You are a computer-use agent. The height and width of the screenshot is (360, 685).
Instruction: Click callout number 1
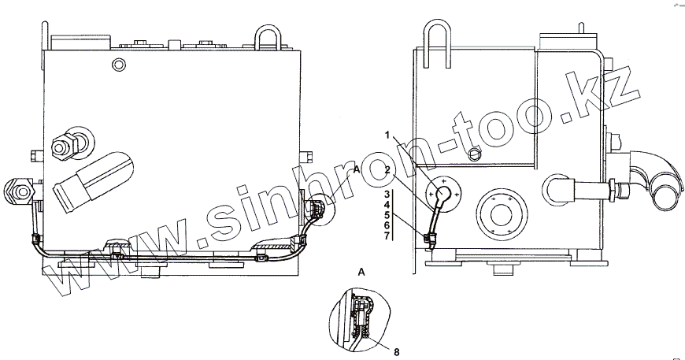[x=387, y=135]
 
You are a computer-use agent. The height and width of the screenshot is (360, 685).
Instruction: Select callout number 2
[x=387, y=170]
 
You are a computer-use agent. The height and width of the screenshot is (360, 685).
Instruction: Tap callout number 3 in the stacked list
[x=387, y=194]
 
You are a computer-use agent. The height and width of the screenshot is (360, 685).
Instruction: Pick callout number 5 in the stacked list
[x=387, y=215]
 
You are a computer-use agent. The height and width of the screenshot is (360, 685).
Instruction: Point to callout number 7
[x=387, y=236]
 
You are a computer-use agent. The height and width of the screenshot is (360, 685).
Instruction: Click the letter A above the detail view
[x=361, y=273]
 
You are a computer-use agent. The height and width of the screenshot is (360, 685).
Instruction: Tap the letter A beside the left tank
[x=356, y=169]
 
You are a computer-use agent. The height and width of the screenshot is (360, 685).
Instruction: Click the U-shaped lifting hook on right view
[x=437, y=43]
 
